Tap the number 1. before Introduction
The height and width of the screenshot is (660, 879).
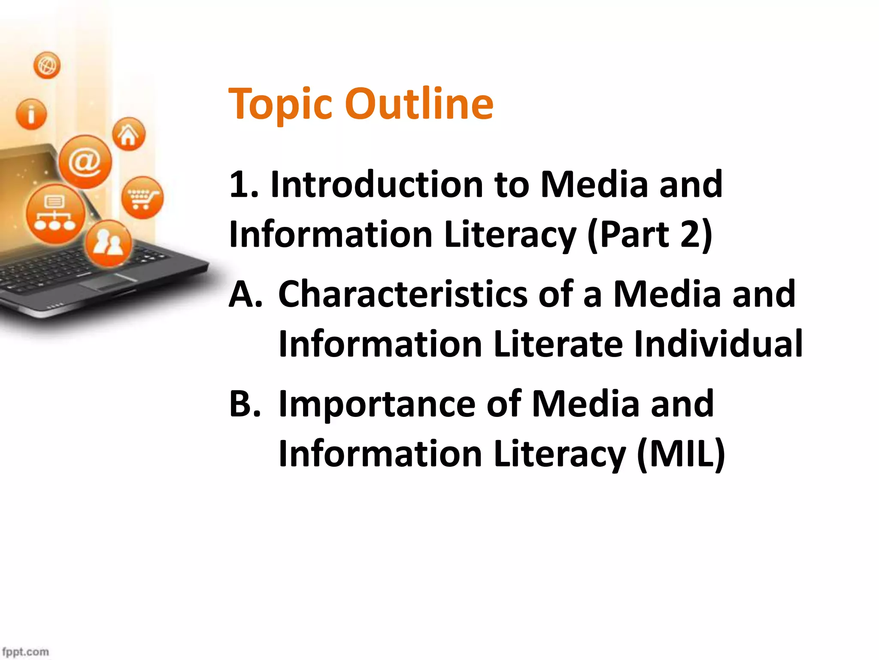pos(244,185)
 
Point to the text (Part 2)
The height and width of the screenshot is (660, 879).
pos(650,235)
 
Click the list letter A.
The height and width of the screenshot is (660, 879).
pos(245,295)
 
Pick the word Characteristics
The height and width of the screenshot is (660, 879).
pos(403,295)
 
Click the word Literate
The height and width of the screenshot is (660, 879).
pos(558,344)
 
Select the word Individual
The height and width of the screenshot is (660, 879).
pos(718,344)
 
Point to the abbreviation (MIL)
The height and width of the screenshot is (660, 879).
pos(681,454)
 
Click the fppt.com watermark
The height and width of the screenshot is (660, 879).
pos(25,651)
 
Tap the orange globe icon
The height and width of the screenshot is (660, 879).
pos(47,66)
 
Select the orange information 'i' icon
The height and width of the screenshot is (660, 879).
pos(31,114)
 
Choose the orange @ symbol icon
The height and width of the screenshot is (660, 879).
pos(85,162)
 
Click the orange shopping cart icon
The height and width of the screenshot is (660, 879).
pos(142,198)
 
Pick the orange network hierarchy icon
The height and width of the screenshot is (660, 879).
pos(55,214)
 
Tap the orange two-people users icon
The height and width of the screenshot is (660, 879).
pos(109,243)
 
